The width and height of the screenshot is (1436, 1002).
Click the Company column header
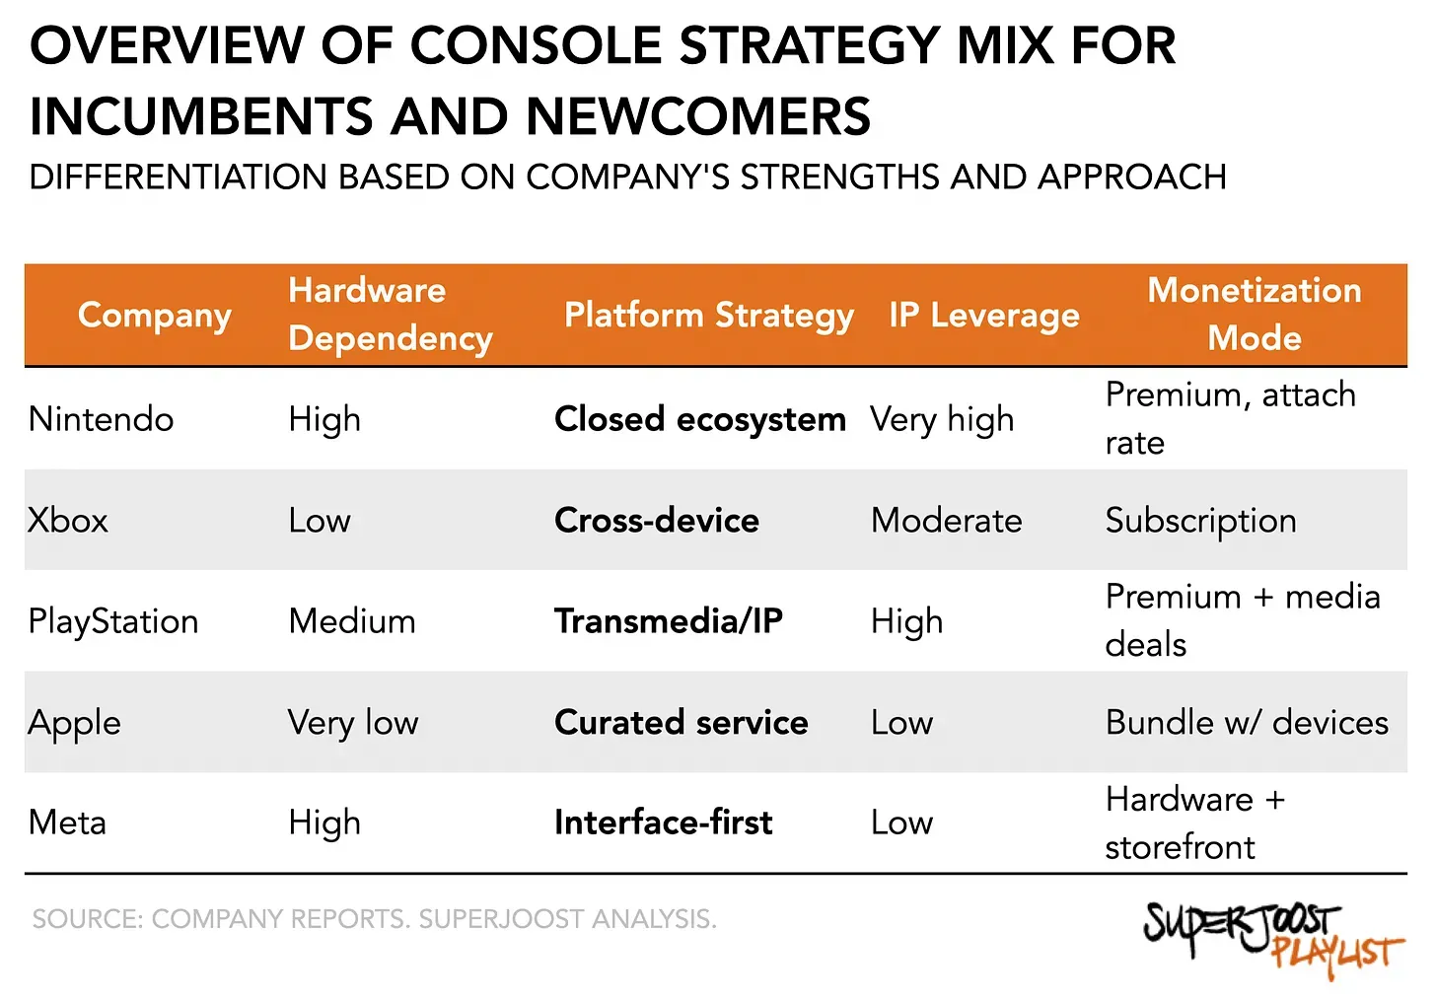[155, 316]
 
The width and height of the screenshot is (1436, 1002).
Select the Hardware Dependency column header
[390, 314]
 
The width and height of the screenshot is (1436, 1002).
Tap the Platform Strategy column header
[708, 316]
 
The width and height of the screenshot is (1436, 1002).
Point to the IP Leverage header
[983, 316]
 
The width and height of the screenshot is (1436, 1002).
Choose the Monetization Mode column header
[1254, 314]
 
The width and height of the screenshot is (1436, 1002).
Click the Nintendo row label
[101, 419]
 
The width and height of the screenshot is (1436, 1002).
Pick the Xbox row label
[68, 521]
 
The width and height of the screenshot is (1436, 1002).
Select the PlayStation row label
[113, 621]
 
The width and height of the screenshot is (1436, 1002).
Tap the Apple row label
[75, 723]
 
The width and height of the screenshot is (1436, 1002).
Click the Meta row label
[67, 823]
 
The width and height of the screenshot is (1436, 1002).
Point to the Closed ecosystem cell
[699, 419]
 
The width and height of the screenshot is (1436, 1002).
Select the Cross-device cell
[657, 521]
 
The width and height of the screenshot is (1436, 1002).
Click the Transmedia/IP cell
[668, 621]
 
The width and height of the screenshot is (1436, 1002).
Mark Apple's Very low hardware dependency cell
[353, 723]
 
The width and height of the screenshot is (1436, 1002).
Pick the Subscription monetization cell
[1200, 521]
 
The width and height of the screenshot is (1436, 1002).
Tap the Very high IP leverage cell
[941, 419]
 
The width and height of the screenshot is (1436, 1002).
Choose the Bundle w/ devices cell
[1247, 723]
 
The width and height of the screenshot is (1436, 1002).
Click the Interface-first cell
[663, 823]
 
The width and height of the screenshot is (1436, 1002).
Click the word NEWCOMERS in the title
[698, 116]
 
